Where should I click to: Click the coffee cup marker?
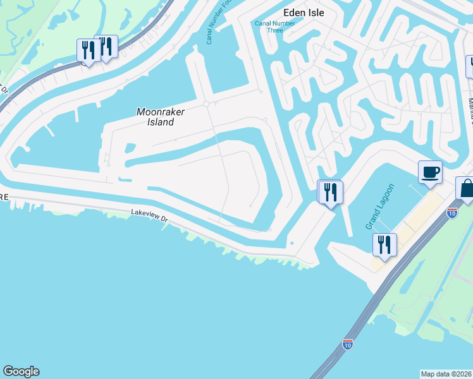(430, 172)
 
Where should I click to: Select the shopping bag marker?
(467, 189)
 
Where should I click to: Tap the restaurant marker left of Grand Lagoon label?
(330, 191)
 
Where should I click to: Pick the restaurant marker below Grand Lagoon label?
(384, 244)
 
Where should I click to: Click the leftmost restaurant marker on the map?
(87, 51)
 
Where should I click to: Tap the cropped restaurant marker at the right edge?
(470, 66)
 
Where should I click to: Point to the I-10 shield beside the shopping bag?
(452, 212)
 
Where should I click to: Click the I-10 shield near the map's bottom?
(347, 344)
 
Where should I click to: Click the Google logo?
(21, 371)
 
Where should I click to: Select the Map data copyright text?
(446, 374)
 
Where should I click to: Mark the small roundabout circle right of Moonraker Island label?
(206, 104)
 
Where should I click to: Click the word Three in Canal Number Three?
(274, 30)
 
